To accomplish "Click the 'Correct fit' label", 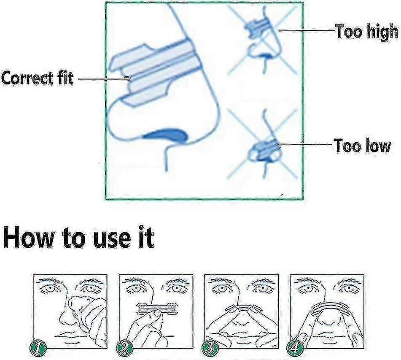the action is [x=38, y=78].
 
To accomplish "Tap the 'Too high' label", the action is [x=367, y=32].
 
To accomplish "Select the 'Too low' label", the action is [x=362, y=146].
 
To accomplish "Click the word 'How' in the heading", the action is [x=29, y=237].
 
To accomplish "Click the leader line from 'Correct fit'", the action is [x=104, y=79].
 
